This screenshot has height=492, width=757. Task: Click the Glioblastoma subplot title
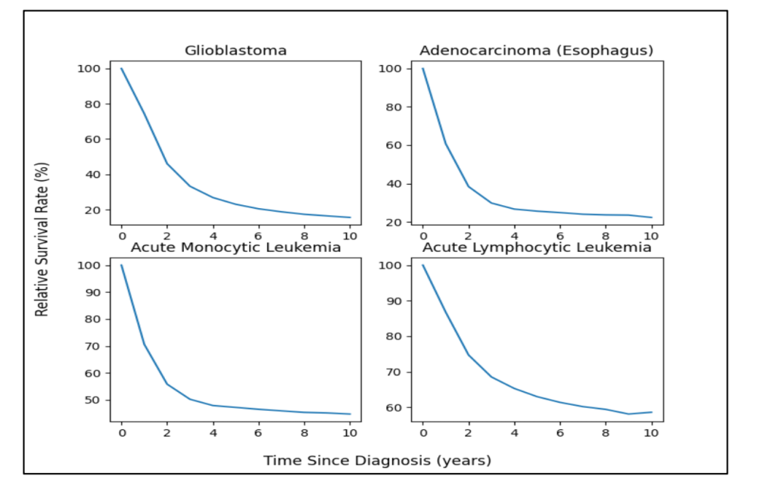[x=235, y=51]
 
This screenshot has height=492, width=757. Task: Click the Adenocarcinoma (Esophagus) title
[x=536, y=51]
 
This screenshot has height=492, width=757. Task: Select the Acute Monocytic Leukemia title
[x=235, y=247]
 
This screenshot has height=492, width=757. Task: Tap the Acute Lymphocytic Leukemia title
[x=536, y=247]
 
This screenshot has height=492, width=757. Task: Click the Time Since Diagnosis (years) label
[x=377, y=460]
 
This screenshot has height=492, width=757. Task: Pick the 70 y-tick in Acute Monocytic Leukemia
[x=95, y=346]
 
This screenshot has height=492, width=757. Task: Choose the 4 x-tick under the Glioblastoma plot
[x=213, y=236]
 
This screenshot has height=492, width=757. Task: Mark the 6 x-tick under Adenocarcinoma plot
[x=560, y=236]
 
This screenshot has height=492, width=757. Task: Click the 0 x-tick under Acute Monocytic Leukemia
[x=121, y=433]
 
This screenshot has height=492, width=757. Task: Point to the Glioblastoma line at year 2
[x=167, y=163]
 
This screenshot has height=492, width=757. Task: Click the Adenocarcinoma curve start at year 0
[x=423, y=69]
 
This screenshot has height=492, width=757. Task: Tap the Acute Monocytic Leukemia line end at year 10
[x=350, y=414]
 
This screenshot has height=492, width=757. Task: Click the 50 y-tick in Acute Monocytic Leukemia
[x=95, y=400]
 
